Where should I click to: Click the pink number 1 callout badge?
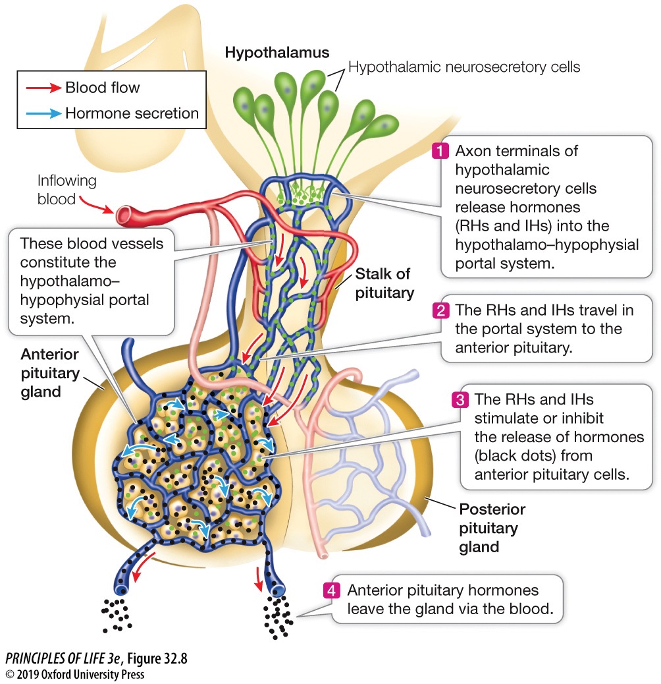(439, 151)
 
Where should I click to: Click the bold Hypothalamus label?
(277, 53)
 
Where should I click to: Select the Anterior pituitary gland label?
(49, 373)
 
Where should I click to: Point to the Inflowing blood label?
(66, 189)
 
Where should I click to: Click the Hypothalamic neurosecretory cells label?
(464, 67)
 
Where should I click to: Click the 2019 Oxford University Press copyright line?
(74, 674)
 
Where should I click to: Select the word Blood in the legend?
(84, 87)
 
